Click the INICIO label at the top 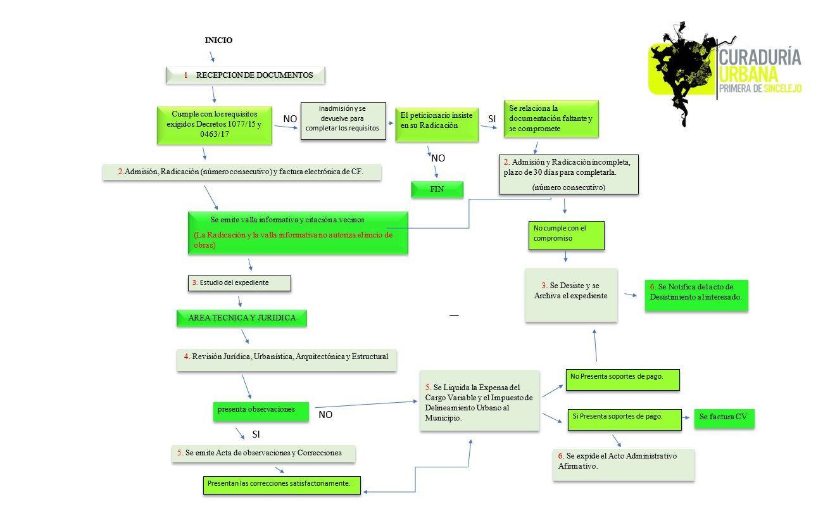(218, 40)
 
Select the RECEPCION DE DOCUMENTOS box (246, 75)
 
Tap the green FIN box (437, 189)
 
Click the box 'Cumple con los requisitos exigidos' (215, 125)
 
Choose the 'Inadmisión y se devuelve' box (342, 120)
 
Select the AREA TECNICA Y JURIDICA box (241, 318)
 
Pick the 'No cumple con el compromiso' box (566, 235)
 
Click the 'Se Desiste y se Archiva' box (571, 294)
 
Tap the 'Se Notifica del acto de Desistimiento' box (696, 295)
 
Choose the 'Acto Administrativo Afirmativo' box (624, 464)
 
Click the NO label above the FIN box (438, 158)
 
